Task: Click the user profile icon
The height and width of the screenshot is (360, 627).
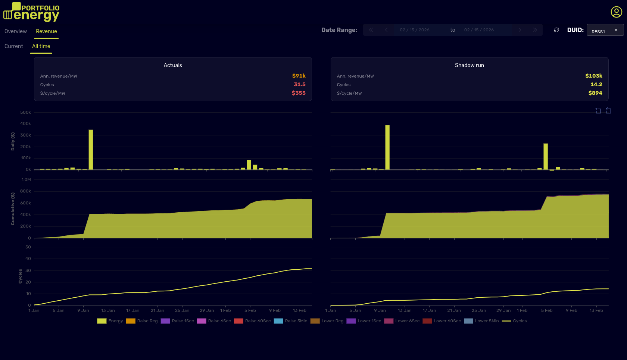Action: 616,12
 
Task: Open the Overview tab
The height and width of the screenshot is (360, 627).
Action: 16,31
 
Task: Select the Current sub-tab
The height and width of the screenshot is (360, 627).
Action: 14,46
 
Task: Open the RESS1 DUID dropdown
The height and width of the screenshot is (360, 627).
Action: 605,30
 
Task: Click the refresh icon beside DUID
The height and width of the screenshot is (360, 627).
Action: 556,30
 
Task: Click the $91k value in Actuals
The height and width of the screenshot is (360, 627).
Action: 299,76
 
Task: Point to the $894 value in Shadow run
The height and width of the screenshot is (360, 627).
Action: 595,93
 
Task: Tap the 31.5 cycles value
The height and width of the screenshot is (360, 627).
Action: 299,84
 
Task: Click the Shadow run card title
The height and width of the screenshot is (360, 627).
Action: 469,65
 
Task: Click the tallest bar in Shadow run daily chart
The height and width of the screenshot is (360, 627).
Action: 387,148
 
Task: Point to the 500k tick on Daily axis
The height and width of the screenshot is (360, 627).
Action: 25,112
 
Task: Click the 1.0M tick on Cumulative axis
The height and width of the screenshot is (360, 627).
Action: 26,179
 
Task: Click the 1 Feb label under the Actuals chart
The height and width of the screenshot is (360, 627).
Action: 225,310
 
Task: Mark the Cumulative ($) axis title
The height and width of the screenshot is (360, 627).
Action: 13,209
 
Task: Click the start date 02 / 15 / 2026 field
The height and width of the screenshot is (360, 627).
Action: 414,30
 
